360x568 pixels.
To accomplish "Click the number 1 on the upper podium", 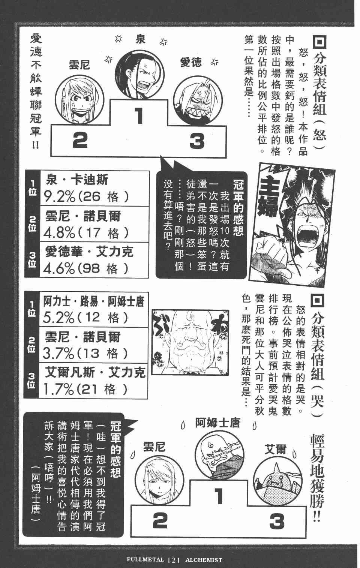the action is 139,115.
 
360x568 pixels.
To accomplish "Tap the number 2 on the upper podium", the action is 80,141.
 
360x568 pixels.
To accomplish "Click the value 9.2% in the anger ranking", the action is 60,197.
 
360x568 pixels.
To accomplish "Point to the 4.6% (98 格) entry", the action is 86,268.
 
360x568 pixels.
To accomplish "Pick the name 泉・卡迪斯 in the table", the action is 77,180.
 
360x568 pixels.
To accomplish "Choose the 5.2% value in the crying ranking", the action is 58,318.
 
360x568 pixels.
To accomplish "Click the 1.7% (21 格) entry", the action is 85,390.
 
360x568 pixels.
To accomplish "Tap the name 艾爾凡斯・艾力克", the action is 95,372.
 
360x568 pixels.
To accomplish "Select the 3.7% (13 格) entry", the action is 85,354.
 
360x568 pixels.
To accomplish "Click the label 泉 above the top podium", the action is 140,39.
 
